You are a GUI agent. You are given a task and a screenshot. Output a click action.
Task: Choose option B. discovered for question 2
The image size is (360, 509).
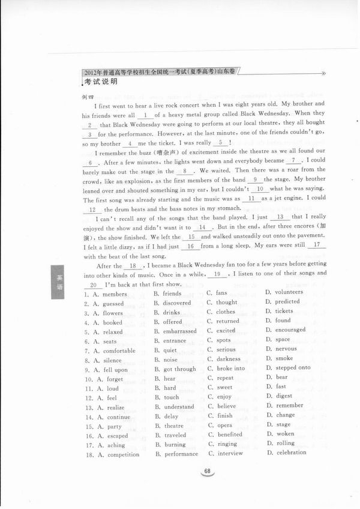coord(173,303)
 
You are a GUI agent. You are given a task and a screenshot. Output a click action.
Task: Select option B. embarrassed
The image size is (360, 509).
coord(175,331)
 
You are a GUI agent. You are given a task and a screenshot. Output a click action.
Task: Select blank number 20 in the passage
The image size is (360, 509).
coord(93,285)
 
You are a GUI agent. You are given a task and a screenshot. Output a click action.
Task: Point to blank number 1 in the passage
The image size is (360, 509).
coord(145,115)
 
